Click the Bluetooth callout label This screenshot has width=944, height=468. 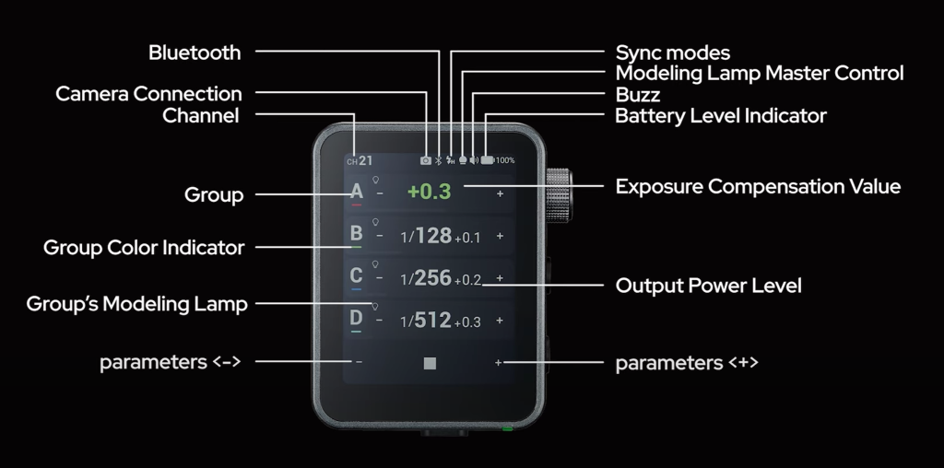tap(195, 53)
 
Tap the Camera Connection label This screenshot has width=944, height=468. tap(148, 94)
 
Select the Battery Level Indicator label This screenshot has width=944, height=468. tap(720, 116)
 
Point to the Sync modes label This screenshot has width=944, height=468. tap(672, 53)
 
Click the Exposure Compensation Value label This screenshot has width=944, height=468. tap(758, 187)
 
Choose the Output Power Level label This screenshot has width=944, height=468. tap(708, 286)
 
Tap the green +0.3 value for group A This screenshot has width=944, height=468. tap(430, 193)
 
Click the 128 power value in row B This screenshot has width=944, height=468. tap(433, 236)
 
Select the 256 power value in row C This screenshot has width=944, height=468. tap(433, 278)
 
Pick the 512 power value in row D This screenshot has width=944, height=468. tap(432, 321)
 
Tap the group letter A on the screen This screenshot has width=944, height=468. tap(357, 192)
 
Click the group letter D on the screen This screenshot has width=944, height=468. tap(357, 319)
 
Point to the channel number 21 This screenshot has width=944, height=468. tap(366, 160)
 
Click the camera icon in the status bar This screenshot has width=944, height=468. tap(425, 160)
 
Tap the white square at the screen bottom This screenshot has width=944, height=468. tap(430, 363)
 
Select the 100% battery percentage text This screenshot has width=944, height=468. tap(505, 160)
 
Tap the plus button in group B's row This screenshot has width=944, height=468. tap(500, 236)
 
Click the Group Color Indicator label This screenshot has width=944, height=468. tap(144, 248)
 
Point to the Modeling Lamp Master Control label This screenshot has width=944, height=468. tap(759, 73)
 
